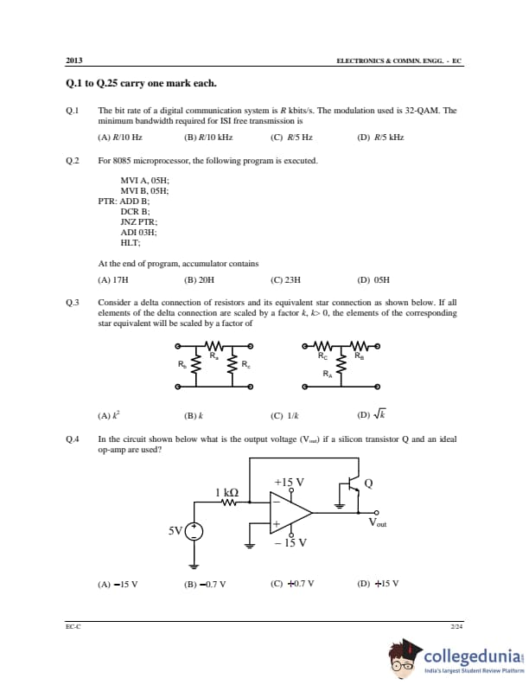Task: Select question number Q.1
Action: point(72,111)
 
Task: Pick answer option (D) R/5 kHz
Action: point(380,137)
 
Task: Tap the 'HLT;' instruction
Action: point(131,242)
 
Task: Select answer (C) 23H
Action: point(285,280)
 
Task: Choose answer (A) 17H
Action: point(113,280)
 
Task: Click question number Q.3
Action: point(72,302)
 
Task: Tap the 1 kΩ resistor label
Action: point(227,492)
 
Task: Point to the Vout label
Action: point(377,522)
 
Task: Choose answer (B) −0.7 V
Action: point(205,583)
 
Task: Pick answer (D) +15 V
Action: point(378,583)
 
